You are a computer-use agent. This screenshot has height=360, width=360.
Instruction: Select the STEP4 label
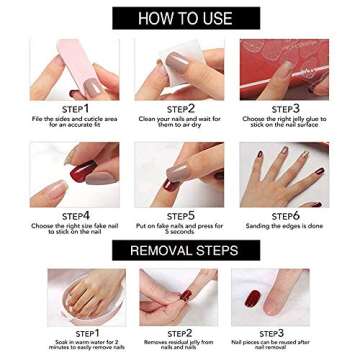[75, 214]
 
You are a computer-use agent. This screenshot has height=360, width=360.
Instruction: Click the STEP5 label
[180, 214]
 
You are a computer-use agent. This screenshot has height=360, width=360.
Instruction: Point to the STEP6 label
[285, 214]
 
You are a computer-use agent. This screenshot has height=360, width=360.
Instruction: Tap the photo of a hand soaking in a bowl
[76, 297]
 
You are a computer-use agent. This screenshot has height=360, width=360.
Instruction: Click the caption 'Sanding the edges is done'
[285, 226]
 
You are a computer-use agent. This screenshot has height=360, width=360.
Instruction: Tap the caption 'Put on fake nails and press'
[180, 228]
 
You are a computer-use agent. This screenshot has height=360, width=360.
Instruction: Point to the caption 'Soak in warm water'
[75, 345]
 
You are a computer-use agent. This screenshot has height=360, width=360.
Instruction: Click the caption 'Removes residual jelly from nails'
[180, 345]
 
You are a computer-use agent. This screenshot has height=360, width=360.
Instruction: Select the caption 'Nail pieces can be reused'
[285, 345]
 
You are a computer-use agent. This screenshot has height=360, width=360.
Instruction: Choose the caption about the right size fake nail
[75, 228]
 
